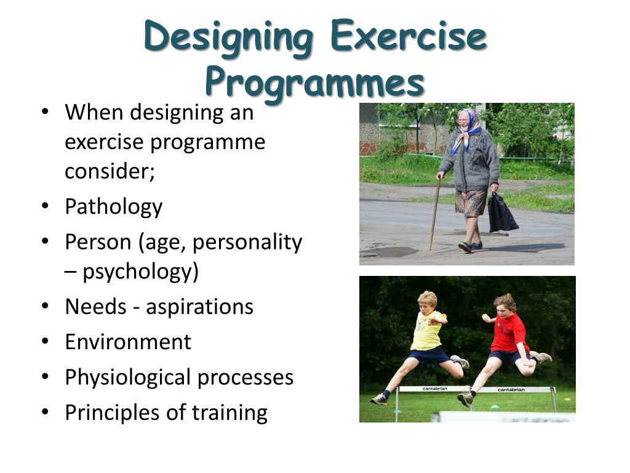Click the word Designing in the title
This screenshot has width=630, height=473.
click(228, 36)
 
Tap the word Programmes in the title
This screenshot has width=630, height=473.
click(314, 82)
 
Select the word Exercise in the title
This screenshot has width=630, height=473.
click(408, 36)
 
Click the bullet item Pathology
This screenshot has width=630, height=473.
click(113, 206)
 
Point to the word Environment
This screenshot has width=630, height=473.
click(128, 342)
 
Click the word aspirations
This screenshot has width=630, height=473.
click(199, 307)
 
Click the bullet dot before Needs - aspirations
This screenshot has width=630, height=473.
click(46, 306)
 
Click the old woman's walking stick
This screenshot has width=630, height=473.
click(436, 212)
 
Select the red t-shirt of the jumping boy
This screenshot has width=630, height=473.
click(509, 333)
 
